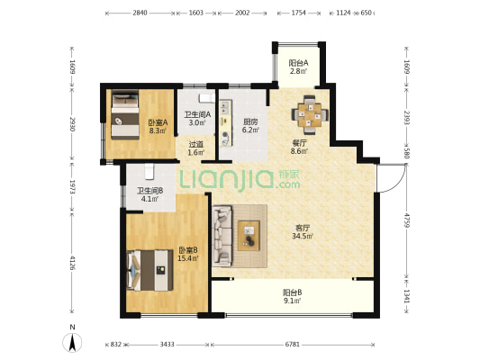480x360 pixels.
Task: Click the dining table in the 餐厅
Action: pos(310,115)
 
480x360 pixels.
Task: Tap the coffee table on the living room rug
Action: pos(249,235)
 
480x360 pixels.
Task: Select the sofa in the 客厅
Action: pos(222,235)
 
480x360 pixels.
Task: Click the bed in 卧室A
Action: pos(125,114)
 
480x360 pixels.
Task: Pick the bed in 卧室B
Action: pos(149,270)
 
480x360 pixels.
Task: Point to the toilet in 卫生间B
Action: pos(149,172)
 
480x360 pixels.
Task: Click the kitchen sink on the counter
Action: pos(225,107)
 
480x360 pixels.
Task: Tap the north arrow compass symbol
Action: pos(72,342)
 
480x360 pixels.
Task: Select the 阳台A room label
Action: pos(298,63)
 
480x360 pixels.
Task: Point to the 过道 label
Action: pos(196,144)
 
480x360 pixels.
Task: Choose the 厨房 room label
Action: pos(250,121)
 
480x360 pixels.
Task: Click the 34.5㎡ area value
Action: pos(303,236)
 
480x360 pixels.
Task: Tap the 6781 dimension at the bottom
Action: pos(293,345)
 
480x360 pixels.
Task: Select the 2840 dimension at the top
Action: pos(140,13)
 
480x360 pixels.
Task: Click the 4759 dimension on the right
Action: pos(406,220)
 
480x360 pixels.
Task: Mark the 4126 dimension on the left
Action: pos(72,263)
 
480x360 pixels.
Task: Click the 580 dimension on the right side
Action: pos(406,153)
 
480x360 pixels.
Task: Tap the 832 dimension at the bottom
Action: pos(116,345)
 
